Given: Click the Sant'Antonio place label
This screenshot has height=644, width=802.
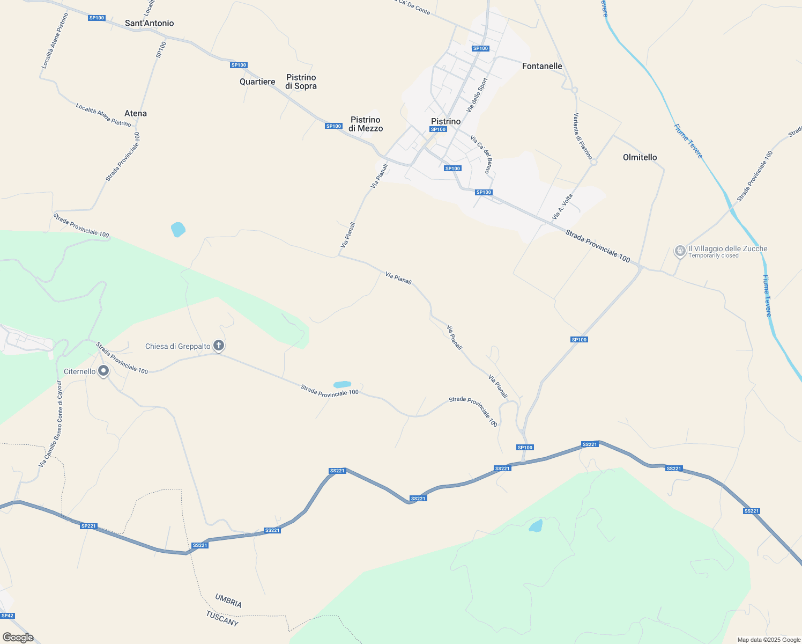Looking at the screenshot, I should click(149, 23).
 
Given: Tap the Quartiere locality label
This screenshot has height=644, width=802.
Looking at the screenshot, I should click(257, 82).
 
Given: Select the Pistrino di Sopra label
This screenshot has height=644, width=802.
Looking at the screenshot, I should click(301, 82).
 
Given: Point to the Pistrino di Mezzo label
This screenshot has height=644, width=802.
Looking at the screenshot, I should click(366, 124).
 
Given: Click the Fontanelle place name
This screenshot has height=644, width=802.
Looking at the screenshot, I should click(542, 66).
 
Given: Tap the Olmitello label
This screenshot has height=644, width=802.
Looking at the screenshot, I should click(640, 157).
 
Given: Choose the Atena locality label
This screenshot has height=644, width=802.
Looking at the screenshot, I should click(136, 113).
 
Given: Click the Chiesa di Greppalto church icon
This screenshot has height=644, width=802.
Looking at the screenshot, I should click(218, 346).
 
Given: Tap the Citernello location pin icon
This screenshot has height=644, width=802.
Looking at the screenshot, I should click(103, 371).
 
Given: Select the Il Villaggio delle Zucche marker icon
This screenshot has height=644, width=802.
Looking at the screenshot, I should click(680, 250).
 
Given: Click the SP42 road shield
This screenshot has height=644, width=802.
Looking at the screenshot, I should click(8, 616).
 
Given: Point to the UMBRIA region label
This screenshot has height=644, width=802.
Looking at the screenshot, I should click(228, 601).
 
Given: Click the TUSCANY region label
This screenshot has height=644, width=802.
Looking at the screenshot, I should click(222, 618).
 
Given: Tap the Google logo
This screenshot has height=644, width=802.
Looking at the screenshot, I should click(18, 638).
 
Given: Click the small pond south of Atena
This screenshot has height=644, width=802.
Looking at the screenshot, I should click(178, 230).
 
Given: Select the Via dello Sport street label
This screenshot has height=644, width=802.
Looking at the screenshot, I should click(477, 95).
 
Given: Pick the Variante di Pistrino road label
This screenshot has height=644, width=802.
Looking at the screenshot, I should click(583, 136).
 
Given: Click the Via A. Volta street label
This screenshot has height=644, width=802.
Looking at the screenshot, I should click(562, 207).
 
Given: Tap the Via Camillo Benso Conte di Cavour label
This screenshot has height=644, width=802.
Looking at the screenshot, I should click(51, 423).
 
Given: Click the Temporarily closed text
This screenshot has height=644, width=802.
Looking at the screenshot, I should click(713, 256).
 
